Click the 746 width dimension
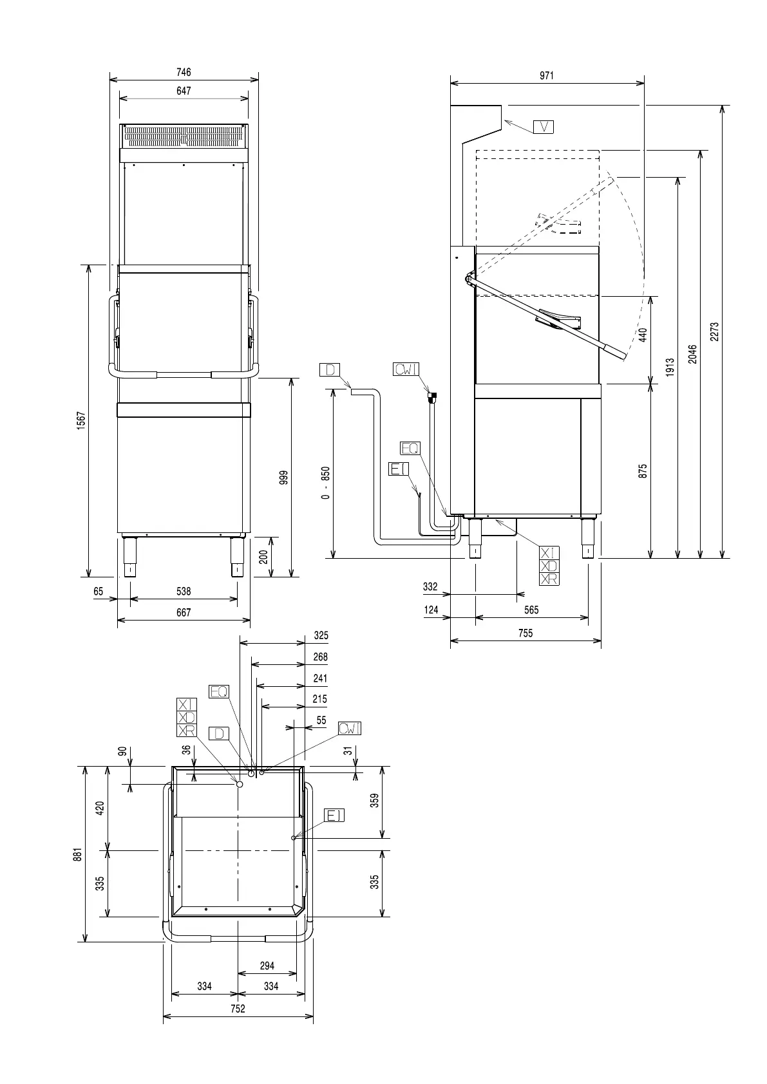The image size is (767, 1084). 184,73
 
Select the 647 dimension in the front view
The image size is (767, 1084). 184,91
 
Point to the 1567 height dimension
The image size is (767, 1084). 81,422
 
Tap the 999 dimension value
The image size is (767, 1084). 284,478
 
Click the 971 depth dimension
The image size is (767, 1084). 547,75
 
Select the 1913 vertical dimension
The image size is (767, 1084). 670,368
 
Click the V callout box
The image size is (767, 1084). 544,127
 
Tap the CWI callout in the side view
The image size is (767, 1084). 406,369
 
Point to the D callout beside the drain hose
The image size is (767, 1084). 330,369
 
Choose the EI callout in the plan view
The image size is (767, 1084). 334,816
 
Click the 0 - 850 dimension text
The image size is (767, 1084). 326,483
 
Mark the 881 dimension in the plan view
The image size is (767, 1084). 77,854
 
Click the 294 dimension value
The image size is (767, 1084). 267,966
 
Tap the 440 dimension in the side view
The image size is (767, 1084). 643,334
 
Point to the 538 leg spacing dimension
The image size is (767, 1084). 184,591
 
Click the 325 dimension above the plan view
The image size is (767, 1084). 321,635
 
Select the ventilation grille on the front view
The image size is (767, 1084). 184,137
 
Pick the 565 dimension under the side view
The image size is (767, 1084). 531,610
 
